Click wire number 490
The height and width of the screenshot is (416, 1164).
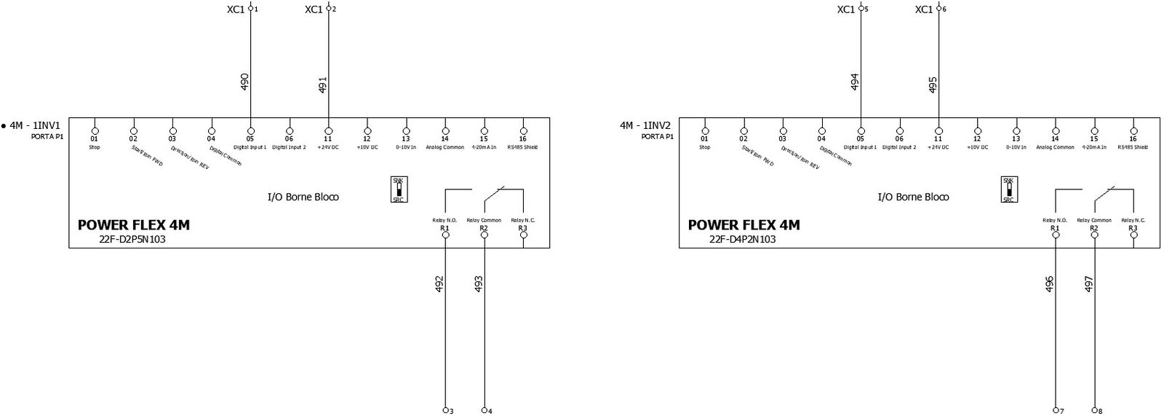(x=244, y=82)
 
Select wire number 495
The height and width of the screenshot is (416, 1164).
(x=933, y=85)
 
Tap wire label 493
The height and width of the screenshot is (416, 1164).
(x=479, y=284)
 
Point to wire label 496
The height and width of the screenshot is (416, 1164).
(x=1049, y=284)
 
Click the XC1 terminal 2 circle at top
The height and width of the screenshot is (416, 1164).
(x=329, y=9)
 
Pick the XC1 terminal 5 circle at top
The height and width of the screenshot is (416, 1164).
(x=861, y=9)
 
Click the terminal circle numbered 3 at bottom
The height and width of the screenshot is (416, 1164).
(x=445, y=410)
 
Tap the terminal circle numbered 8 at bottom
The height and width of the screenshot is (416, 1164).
(x=1094, y=410)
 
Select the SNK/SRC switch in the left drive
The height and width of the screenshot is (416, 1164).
(x=399, y=189)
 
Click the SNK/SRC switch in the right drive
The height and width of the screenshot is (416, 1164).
(x=1008, y=189)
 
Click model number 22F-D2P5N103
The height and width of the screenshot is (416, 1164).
(x=132, y=239)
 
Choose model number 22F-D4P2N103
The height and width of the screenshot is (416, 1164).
(x=742, y=239)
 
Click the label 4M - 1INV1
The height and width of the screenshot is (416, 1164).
(x=35, y=125)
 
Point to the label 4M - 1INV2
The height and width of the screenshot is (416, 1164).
(x=645, y=125)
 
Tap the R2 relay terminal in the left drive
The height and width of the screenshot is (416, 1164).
(x=484, y=235)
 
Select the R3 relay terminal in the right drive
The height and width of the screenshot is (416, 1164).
(x=1133, y=235)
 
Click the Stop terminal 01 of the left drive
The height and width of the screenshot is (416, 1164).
(x=95, y=131)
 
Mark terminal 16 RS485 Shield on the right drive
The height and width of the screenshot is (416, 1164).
(x=1133, y=131)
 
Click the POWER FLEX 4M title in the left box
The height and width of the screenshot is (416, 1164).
(x=133, y=225)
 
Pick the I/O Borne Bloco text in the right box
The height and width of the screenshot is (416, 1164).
(x=913, y=197)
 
